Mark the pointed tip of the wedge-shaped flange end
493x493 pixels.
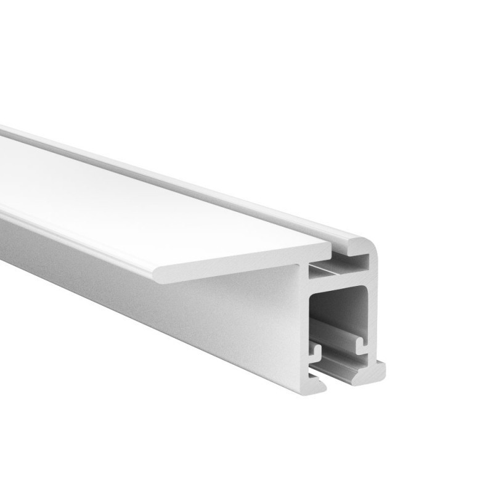(x=158, y=275)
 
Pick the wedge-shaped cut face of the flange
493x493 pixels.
(x=246, y=262)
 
